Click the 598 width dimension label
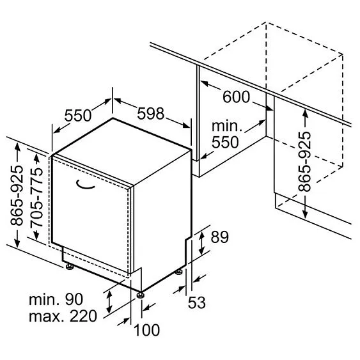pyautogui.click(x=151, y=113)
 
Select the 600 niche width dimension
pyautogui.click(x=236, y=97)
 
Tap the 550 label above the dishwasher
pyautogui.click(x=78, y=116)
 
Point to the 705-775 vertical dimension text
pyautogui.click(x=36, y=197)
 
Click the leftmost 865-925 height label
pyautogui.click(x=17, y=195)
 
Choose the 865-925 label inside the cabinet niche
pyautogui.click(x=304, y=162)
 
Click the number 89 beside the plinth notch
pyautogui.click(x=220, y=237)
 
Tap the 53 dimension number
pyautogui.click(x=197, y=302)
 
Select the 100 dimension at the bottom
pyautogui.click(x=146, y=330)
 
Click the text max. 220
pyautogui.click(x=63, y=316)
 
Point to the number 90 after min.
pyautogui.click(x=74, y=299)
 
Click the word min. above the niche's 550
pyautogui.click(x=227, y=126)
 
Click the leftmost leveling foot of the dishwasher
pyautogui.click(x=69, y=267)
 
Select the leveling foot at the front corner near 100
pyautogui.click(x=140, y=295)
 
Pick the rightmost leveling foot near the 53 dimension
pyautogui.click(x=178, y=272)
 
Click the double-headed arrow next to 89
pyautogui.click(x=201, y=243)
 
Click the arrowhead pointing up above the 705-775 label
pyautogui.click(x=36, y=159)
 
